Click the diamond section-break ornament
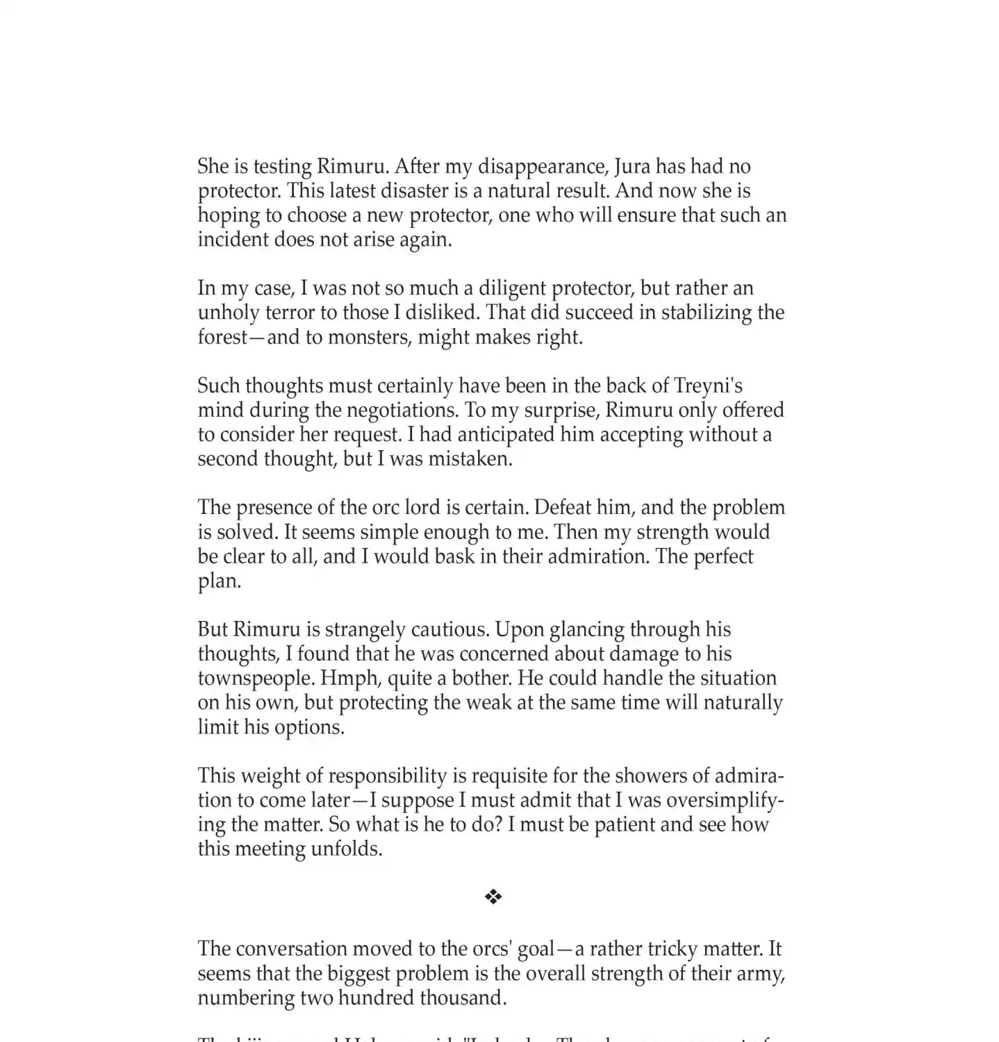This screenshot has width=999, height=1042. (493, 897)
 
